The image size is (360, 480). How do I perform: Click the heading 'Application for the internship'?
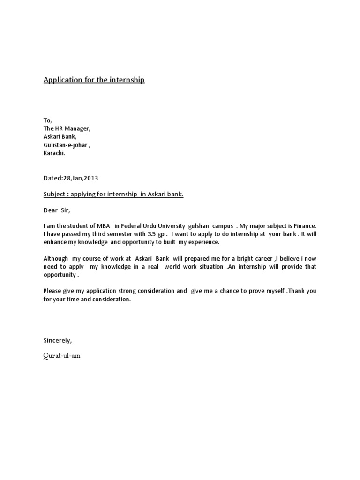[x=94, y=80]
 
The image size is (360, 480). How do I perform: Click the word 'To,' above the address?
[x=48, y=120]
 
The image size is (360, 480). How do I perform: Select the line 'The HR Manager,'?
[x=67, y=128]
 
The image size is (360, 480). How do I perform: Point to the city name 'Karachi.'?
[x=55, y=153]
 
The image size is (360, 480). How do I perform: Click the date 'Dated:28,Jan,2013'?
[x=71, y=178]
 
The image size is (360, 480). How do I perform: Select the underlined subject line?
[x=113, y=194]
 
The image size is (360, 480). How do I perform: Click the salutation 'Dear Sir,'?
[x=56, y=210]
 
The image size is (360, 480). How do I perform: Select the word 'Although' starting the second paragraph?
[x=56, y=258]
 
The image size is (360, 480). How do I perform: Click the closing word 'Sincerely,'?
[x=58, y=340]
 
